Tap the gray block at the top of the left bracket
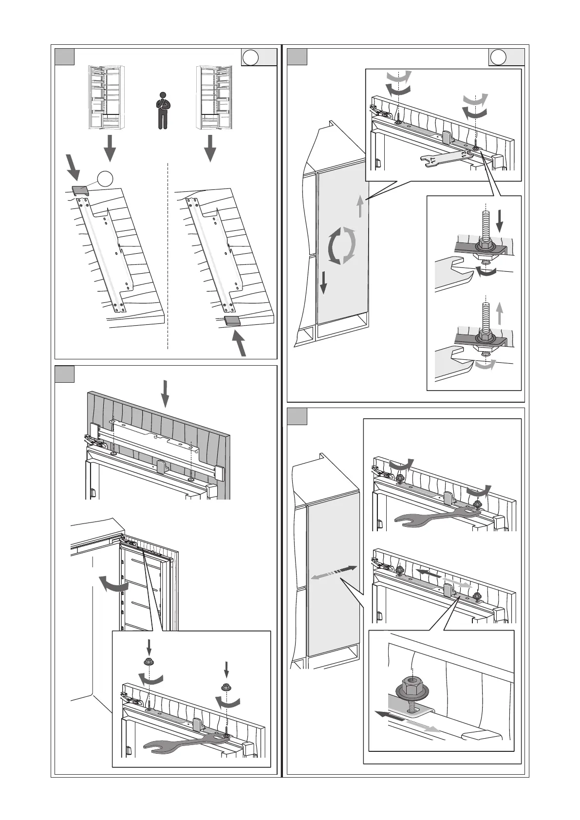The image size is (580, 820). tap(80, 190)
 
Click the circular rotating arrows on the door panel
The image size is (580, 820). tap(342, 245)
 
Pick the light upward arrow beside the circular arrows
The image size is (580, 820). tap(359, 206)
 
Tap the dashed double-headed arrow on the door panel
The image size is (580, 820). tap(334, 573)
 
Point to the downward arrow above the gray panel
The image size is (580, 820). tap(166, 393)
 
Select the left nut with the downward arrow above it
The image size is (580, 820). tap(148, 662)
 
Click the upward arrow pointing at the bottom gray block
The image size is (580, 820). tap(240, 343)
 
